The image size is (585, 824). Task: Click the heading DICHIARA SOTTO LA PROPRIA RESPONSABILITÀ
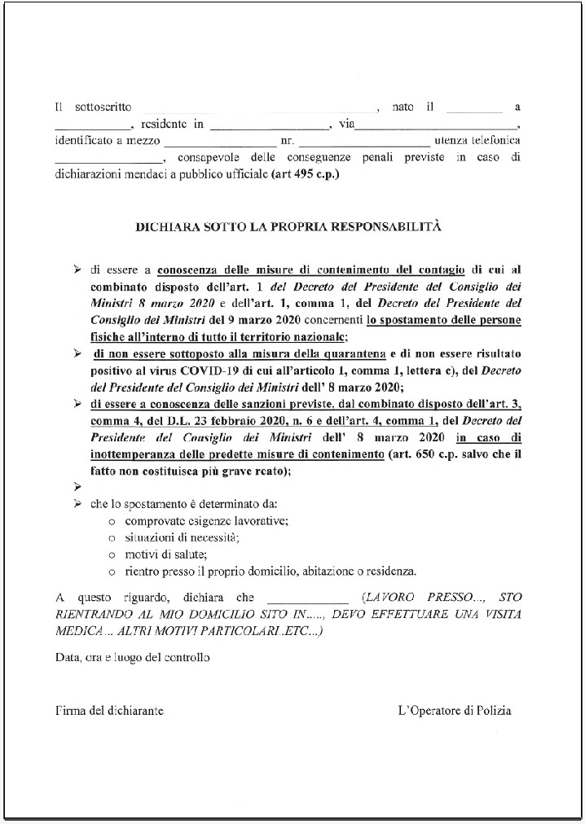[288, 226]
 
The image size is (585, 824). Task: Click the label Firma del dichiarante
[109, 711]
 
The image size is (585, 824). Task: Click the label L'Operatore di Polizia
[455, 711]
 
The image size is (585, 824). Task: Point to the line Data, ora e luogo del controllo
[132, 657]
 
